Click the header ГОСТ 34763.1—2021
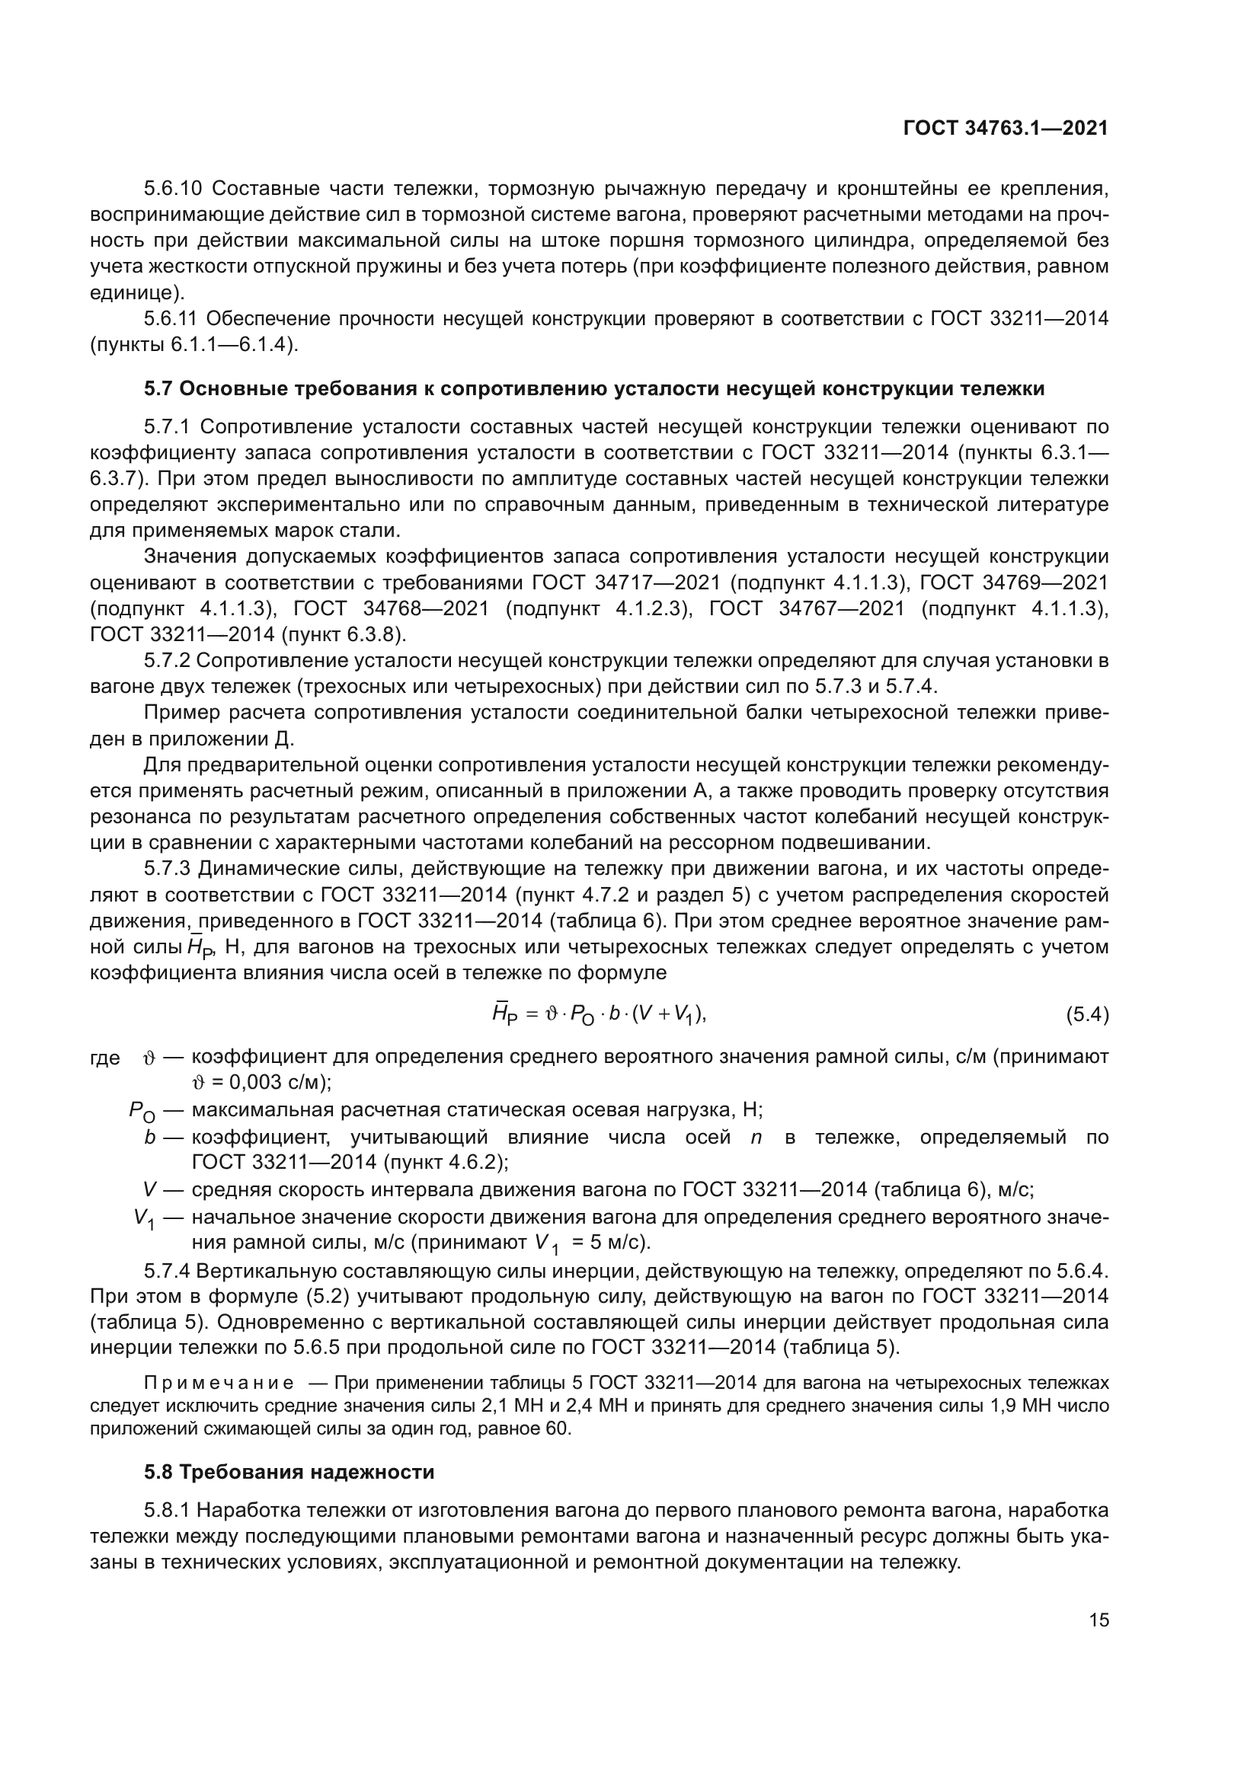coord(1006,128)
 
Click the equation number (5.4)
coord(1087,1013)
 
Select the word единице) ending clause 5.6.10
coord(137,293)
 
